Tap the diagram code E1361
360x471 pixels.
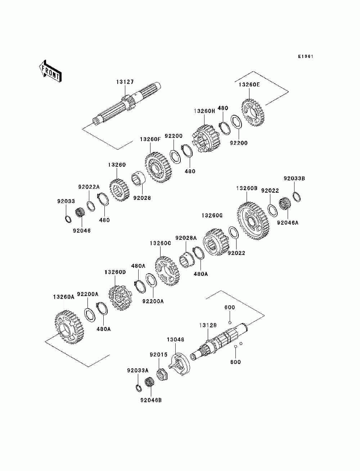click(x=306, y=57)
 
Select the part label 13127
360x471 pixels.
click(x=125, y=82)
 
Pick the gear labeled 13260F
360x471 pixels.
click(x=158, y=167)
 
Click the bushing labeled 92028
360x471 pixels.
click(x=138, y=180)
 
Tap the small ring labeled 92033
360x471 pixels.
click(x=68, y=219)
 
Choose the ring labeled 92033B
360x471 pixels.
click(x=297, y=197)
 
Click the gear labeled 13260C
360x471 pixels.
click(x=167, y=271)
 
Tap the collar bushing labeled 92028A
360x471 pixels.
click(x=187, y=260)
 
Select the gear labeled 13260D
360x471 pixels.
click(x=120, y=298)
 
